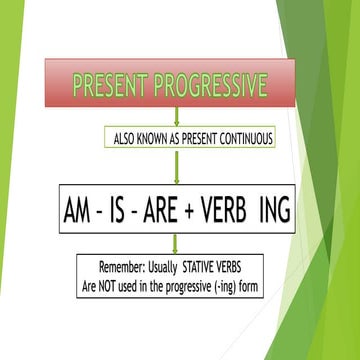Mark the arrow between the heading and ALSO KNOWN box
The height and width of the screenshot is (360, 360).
(176, 116)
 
